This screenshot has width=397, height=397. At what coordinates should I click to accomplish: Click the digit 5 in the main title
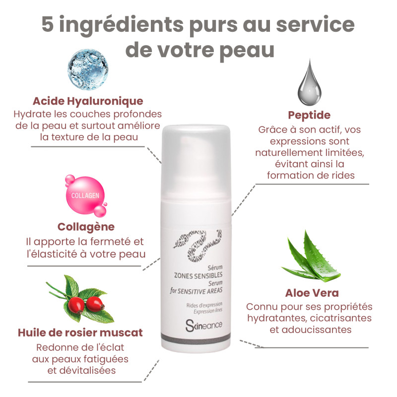point(48,24)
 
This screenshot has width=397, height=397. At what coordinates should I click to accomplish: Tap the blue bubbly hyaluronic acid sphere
point(88,69)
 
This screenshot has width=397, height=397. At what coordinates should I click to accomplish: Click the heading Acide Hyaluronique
point(88,101)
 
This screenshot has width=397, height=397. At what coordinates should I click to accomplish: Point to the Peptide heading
point(309,115)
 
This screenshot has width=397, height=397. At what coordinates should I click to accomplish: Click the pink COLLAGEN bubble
point(85,196)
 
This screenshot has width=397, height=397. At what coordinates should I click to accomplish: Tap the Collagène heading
point(86,227)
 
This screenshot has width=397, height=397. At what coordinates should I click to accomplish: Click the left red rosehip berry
point(76,305)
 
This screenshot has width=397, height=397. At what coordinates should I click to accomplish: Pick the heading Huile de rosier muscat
point(80,332)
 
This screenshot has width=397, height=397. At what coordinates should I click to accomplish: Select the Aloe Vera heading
point(312,293)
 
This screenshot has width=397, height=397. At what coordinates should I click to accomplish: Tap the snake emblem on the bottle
point(198,245)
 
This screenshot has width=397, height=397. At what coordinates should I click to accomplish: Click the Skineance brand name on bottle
point(204,326)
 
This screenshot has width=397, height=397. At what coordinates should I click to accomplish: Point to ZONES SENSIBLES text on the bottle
point(198,275)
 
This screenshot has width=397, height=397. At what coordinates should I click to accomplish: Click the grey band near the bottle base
point(196,338)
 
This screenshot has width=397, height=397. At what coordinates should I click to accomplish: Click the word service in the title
point(315,24)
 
